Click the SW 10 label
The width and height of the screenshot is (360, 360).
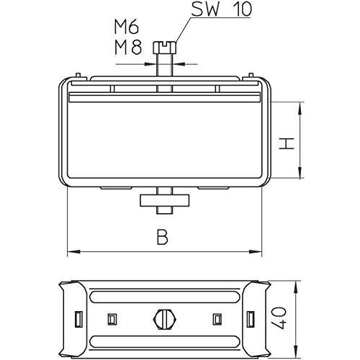[222, 9]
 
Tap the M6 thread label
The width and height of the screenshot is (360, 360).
[127, 27]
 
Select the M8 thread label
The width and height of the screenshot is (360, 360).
[128, 47]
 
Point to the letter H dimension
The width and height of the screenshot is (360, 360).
[287, 143]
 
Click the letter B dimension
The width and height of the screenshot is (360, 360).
[162, 237]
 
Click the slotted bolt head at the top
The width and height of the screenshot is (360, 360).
[165, 48]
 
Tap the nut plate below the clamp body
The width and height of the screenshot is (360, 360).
[165, 200]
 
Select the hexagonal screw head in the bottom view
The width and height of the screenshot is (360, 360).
[165, 320]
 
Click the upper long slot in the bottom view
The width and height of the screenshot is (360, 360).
[165, 297]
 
